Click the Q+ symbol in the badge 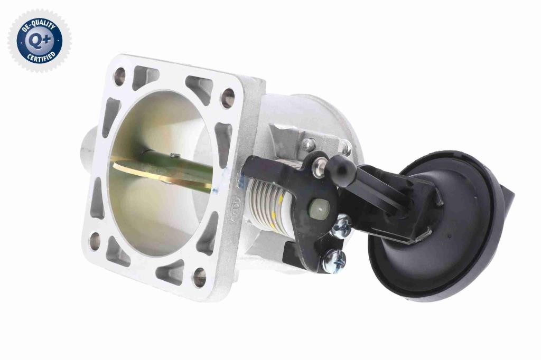[40, 41]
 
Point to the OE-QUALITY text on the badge [38, 25]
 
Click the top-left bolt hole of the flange [119, 76]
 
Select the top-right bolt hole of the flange [227, 98]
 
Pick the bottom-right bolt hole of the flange [199, 277]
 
